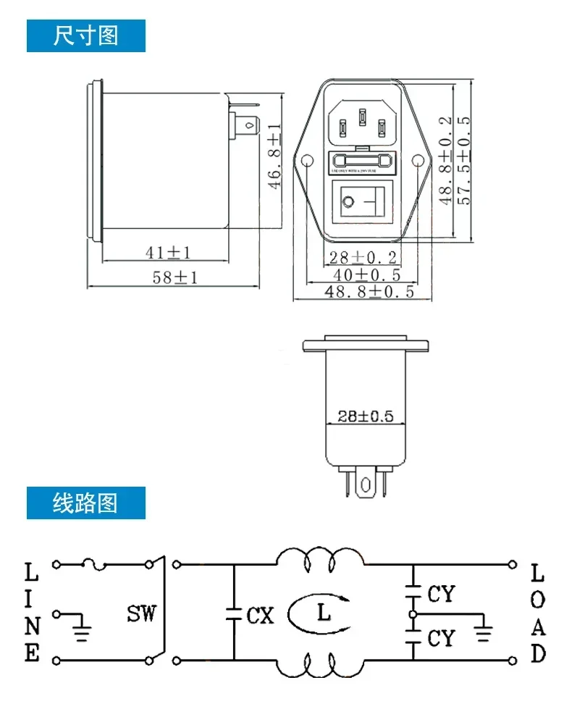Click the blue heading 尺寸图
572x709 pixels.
(85, 35)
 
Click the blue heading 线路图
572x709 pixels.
(85, 503)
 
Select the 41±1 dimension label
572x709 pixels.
(167, 252)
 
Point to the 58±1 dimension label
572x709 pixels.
(174, 277)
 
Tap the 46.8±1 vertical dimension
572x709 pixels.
(274, 156)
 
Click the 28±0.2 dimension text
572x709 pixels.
(363, 257)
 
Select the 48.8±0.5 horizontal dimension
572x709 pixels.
(369, 292)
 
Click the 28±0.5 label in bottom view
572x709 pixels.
(365, 416)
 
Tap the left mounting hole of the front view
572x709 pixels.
(306, 161)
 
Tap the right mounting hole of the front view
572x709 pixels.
(419, 161)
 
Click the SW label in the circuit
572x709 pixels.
(141, 615)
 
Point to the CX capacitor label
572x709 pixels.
(261, 616)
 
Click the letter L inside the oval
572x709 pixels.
(323, 613)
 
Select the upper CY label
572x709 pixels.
(441, 594)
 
